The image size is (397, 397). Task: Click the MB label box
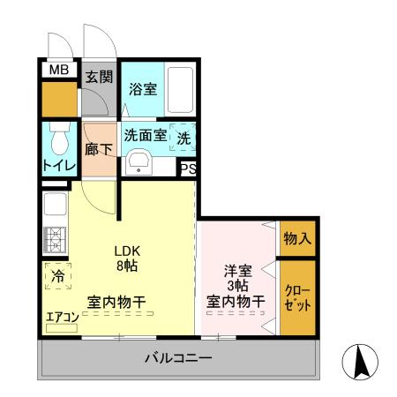(58, 70)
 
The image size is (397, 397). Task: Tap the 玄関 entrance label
(99, 76)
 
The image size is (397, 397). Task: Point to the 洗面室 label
(145, 137)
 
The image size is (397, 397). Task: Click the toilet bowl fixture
(60, 140)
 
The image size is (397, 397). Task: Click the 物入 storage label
(296, 238)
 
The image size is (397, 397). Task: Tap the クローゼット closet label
(296, 296)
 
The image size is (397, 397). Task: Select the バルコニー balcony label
(177, 359)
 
